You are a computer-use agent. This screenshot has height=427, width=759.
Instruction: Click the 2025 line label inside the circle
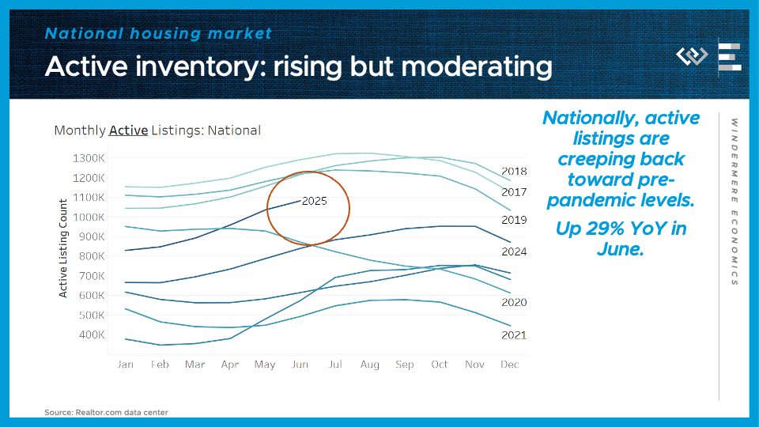point(314,202)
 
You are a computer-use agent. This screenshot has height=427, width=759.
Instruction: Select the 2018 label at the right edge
point(514,171)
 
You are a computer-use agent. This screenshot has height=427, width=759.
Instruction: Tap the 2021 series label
point(514,335)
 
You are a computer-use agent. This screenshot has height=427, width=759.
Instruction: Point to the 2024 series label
point(514,251)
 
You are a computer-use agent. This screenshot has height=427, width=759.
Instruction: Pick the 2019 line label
point(514,220)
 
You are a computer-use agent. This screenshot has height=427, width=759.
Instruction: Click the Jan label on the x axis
point(125,365)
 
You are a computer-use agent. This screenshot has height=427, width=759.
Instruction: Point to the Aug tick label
point(370,365)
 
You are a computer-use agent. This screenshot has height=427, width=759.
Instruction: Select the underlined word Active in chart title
point(128,130)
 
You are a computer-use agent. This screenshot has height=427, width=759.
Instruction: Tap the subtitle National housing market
point(158,33)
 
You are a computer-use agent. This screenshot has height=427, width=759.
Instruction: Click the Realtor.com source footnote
point(106,412)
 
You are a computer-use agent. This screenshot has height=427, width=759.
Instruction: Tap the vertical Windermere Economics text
point(734,202)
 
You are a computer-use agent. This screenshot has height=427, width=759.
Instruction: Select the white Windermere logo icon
point(693,56)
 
